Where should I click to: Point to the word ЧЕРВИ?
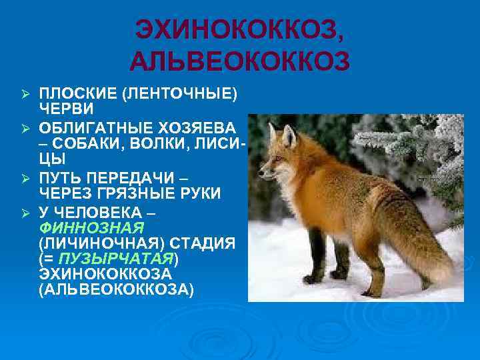[x=66, y=107]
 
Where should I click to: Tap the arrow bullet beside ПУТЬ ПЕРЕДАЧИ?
[x=25, y=178]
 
